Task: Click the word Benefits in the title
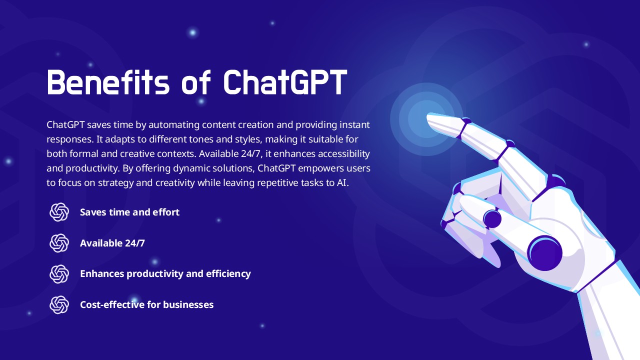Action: coord(108,82)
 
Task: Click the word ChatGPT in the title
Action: coord(285,82)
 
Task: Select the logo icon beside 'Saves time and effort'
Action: coord(59,212)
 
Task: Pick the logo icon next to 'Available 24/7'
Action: coord(59,243)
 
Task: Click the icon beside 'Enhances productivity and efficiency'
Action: coord(59,273)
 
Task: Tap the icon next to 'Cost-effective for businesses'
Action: coord(59,304)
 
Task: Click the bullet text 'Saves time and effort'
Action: coord(129,212)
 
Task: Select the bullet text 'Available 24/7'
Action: coord(112,243)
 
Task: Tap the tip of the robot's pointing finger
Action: coord(427,117)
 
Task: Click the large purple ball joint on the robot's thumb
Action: coord(545,253)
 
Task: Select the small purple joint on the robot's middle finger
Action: coord(492,219)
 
